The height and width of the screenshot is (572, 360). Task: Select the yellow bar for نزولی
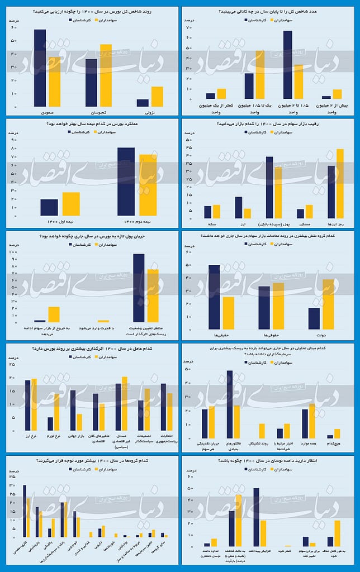[x=157, y=97]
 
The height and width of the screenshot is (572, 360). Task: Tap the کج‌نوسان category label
[x=98, y=112]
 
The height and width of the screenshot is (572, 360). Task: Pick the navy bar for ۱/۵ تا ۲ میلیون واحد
[x=287, y=65]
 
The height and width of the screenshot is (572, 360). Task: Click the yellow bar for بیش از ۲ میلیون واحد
[x=337, y=94]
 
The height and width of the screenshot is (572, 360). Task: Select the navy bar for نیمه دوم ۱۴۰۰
[x=126, y=182]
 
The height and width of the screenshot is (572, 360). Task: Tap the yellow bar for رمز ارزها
[x=340, y=184]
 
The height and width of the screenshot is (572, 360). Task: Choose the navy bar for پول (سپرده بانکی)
[x=269, y=188]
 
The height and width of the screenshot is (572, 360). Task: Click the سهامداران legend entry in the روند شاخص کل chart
[x=110, y=20]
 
